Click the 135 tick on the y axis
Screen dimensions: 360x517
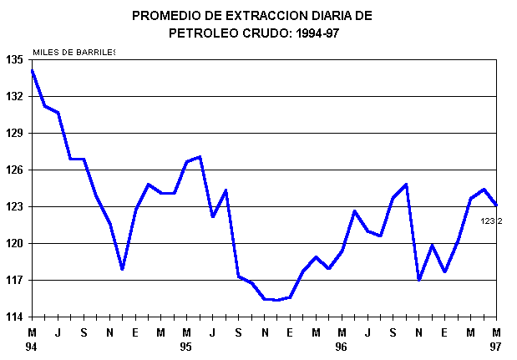pos(15,59)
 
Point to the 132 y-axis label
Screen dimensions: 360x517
pos(15,96)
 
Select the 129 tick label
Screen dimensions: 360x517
pos(15,133)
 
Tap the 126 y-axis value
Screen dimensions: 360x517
pos(15,170)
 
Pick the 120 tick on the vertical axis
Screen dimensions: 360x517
pos(15,243)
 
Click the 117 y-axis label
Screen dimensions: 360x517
pos(15,280)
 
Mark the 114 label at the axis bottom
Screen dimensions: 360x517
pos(15,317)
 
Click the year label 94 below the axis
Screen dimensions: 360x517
pos(33,345)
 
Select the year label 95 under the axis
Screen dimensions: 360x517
pos(186,345)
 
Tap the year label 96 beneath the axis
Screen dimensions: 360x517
pos(342,345)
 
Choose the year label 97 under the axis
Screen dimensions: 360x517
pos(496,345)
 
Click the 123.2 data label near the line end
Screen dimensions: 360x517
pos(492,221)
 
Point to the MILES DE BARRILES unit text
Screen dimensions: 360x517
pos(73,52)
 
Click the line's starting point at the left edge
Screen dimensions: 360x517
pos(32,70)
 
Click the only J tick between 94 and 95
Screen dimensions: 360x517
pos(58,332)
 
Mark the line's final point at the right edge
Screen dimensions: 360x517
pos(496,205)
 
